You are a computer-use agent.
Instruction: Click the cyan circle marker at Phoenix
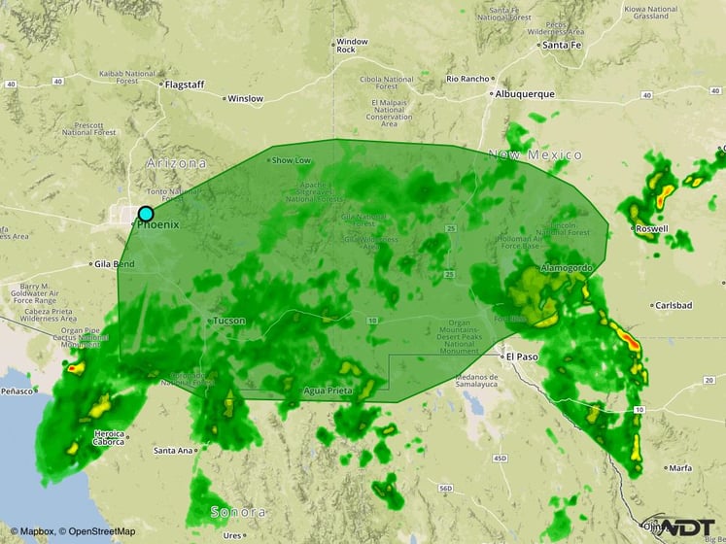pos(146,214)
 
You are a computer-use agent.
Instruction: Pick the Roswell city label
pos(651,229)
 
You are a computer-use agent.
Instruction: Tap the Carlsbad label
pos(673,304)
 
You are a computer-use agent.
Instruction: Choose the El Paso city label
pos(520,357)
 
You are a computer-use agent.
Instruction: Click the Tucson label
pos(229,321)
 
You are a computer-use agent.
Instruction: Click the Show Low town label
pos(292,160)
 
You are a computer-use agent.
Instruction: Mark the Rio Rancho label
pos(466,79)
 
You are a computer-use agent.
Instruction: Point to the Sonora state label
pos(238,512)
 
